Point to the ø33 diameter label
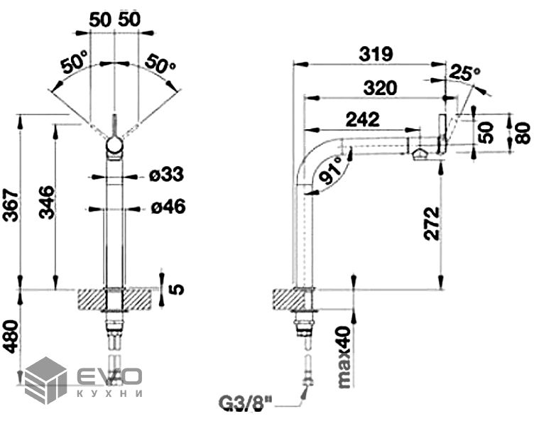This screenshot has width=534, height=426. [168, 174]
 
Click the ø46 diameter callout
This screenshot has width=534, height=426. [168, 207]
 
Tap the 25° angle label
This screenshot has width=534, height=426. [466, 72]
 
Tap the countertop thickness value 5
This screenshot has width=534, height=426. [177, 288]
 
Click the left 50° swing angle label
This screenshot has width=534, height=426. [76, 65]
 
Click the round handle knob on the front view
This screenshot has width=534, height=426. [114, 146]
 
